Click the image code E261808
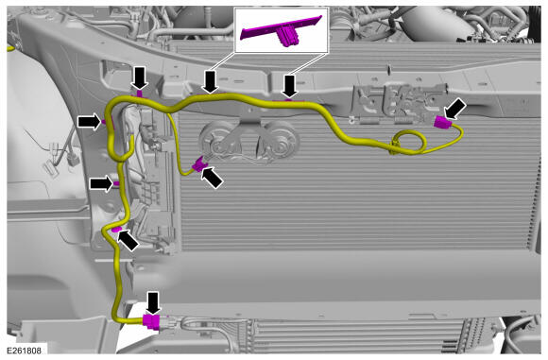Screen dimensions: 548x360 click(24, 350)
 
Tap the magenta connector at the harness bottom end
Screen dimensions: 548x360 click(151, 321)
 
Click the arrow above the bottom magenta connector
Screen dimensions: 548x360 click(153, 302)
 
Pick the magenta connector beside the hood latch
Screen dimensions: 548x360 click(440, 123)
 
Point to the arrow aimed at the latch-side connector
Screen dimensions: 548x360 click(454, 109)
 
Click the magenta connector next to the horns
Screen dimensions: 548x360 click(199, 163)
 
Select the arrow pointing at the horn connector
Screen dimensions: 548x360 click(212, 178)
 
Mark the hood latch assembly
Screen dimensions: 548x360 click(399, 103)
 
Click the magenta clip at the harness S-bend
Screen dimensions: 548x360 click(115, 230)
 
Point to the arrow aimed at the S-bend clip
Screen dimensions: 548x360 click(128, 240)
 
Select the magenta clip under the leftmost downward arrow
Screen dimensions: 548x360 click(139, 94)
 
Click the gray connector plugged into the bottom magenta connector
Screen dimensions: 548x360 click(168, 322)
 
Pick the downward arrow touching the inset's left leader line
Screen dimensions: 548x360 click(211, 81)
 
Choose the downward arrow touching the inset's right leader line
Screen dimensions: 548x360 click(290, 86)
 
